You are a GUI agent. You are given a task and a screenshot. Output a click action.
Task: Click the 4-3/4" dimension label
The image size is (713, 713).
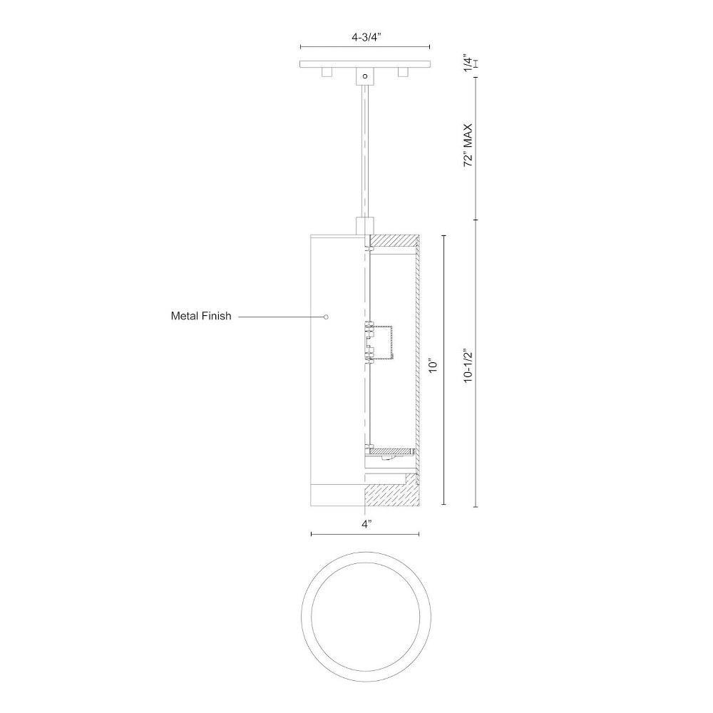pos(366,38)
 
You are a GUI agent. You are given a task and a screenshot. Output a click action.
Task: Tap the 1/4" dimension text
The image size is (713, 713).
pos(468,63)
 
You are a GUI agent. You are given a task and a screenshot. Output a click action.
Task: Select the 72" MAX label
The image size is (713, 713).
pos(468,145)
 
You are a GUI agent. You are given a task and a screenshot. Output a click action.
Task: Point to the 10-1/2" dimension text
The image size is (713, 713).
pos(468,366)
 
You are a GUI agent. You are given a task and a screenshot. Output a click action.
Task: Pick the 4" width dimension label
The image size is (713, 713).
pos(367,524)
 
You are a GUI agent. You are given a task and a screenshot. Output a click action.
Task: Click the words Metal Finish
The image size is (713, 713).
pos(201,316)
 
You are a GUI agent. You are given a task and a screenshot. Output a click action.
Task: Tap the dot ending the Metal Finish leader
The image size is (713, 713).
pos(326,317)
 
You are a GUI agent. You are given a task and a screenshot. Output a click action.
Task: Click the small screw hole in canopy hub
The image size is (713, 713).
pos(364,76)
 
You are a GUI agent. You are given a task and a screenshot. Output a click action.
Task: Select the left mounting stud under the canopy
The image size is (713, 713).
pos(327,72)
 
